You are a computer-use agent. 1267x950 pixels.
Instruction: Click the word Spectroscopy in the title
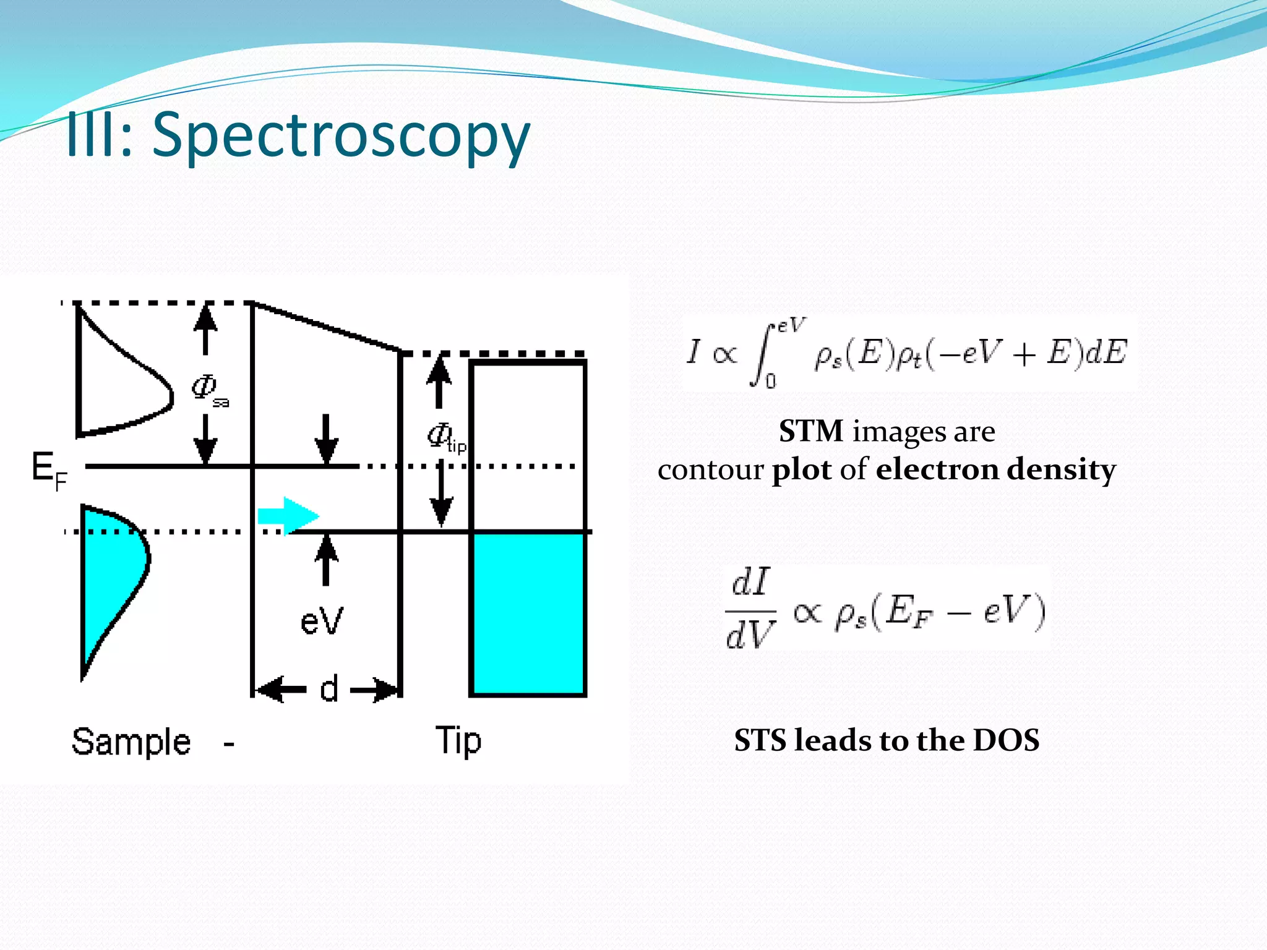tap(341, 136)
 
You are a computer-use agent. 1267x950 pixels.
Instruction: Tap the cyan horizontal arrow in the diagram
tap(288, 515)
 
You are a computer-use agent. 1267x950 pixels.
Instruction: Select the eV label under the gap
tap(321, 620)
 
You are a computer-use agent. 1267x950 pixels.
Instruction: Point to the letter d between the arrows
tap(329, 688)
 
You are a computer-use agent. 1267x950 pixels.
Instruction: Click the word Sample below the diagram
tap(131, 742)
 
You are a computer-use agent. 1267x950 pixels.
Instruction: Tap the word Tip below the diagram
tap(458, 741)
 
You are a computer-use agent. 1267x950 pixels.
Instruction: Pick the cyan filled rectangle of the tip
tap(528, 614)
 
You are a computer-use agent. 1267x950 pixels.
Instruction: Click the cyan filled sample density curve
tap(111, 575)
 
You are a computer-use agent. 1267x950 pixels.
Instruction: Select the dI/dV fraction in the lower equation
tap(750, 609)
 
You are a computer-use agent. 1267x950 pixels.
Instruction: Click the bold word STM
tap(810, 431)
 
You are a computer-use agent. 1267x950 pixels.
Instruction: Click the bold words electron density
tap(996, 469)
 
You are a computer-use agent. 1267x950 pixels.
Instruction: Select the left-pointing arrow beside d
tap(281, 689)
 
